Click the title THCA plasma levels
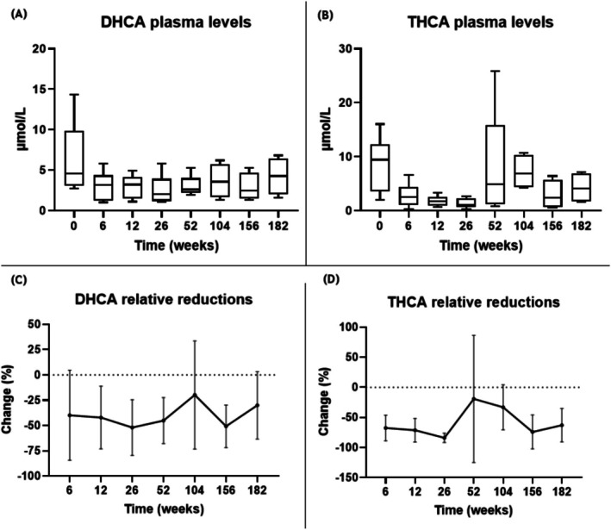point(468,24)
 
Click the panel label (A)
point(15,10)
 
